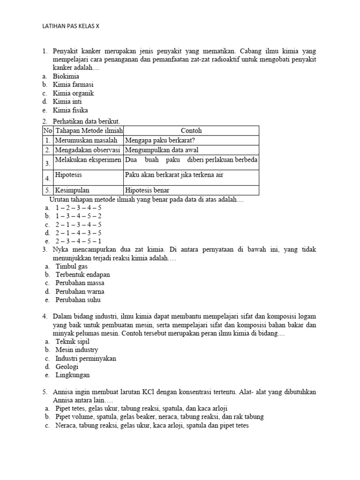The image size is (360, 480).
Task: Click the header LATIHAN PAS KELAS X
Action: click(71, 26)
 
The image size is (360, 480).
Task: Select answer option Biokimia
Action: click(66, 76)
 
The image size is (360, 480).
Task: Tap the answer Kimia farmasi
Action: click(73, 84)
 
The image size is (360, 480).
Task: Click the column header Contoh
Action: click(191, 131)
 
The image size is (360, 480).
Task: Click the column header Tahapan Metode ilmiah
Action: click(89, 131)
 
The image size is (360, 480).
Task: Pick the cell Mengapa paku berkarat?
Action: click(160, 140)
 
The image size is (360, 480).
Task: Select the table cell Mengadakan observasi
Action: click(88, 150)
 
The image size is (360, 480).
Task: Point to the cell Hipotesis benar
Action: click(148, 190)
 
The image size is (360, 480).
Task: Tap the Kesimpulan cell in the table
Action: click(72, 190)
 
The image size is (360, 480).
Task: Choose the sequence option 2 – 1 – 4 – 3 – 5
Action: click(78, 232)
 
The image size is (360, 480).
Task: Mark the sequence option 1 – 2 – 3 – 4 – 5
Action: click(78, 207)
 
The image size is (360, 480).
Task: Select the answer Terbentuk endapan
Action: click(82, 274)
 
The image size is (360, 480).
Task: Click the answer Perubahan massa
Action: click(80, 283)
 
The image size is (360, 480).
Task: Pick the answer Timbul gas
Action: click(71, 266)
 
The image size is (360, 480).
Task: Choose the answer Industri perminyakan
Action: click(86, 358)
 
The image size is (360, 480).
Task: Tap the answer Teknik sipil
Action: click(72, 341)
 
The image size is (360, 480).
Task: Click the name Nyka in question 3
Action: click(61, 250)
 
